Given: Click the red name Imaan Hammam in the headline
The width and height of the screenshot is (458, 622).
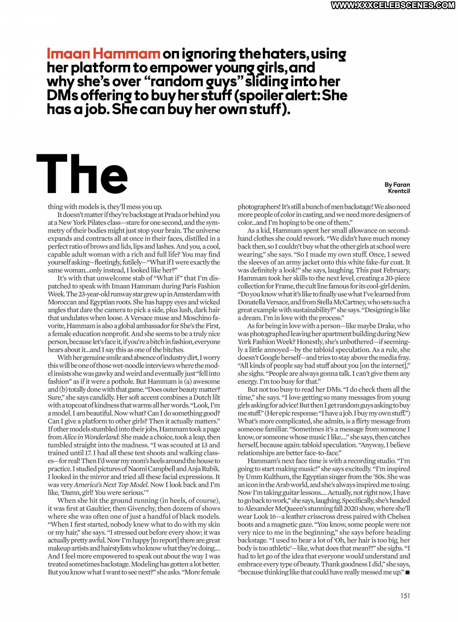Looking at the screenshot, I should tap(103, 54).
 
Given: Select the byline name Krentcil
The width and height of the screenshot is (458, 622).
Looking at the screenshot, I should tap(399, 191).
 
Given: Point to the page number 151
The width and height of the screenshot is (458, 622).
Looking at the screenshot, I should tap(405, 596).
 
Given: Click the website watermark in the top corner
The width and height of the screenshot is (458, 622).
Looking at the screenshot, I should tap(393, 5).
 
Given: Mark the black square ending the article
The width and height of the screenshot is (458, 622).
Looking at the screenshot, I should tap(407, 573).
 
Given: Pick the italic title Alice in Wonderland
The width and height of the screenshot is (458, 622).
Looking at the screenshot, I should tap(90, 437).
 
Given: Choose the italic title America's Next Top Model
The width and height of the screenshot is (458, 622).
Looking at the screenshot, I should tap(111, 485).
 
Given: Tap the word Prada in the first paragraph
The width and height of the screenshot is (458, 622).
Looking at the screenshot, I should tap(172, 215).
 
